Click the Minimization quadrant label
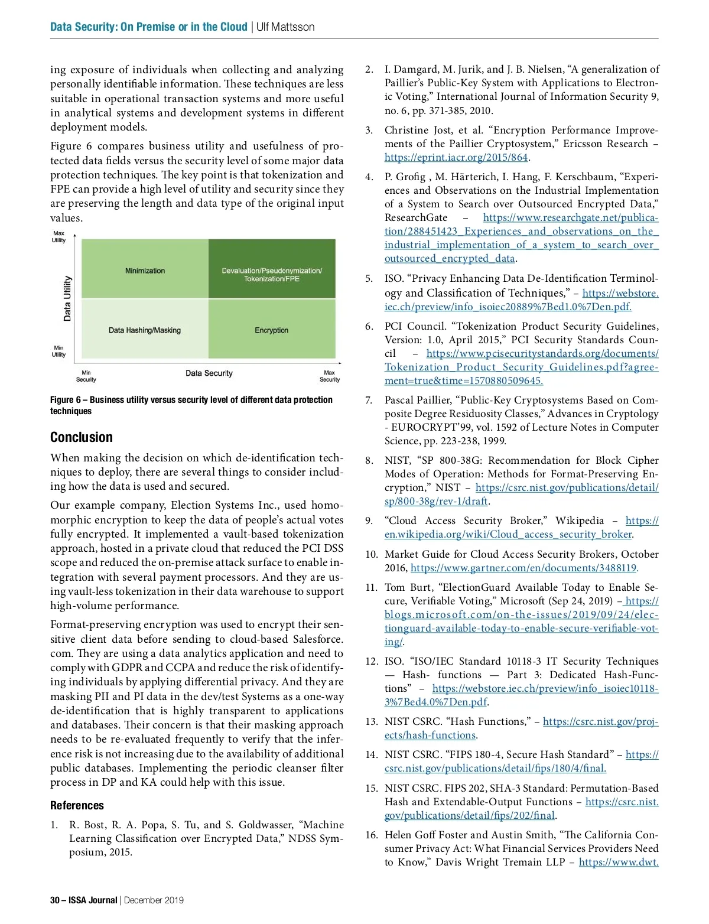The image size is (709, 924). [145, 271]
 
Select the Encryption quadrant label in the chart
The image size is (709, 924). [272, 330]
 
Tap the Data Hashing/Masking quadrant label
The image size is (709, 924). [145, 330]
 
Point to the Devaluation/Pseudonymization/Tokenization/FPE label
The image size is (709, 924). [272, 275]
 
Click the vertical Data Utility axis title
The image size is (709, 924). [67, 298]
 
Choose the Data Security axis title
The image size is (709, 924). [209, 373]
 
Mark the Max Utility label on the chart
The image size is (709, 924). [58, 237]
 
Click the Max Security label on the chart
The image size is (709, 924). [329, 376]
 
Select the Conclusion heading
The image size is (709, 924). [82, 437]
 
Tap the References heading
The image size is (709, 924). [77, 805]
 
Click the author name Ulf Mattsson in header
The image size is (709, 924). [285, 27]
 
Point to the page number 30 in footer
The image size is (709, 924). [55, 900]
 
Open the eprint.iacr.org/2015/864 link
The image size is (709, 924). [456, 158]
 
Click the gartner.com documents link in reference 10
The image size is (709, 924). [523, 568]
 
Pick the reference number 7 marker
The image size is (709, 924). [369, 401]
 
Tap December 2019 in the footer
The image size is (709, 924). [154, 900]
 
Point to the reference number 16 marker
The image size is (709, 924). [371, 835]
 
